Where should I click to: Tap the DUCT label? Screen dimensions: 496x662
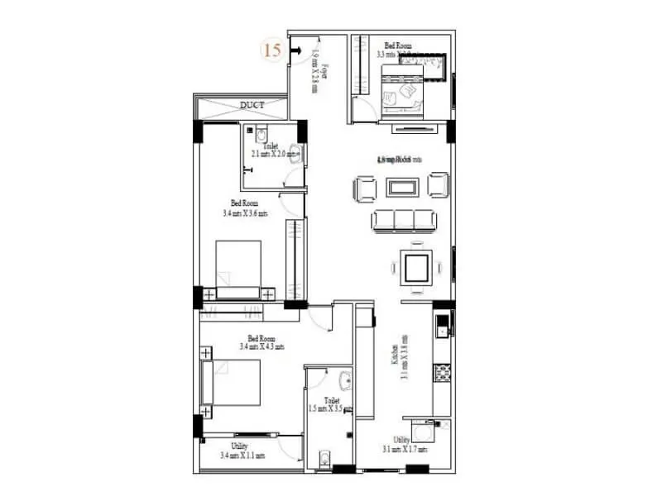pos(252,105)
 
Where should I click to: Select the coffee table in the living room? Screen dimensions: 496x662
pos(402,187)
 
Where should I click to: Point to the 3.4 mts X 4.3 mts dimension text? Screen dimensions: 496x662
pos(261,347)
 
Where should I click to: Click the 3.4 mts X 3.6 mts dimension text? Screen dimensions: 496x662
pos(245,212)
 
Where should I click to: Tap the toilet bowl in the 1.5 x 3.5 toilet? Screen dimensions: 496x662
pos(324,457)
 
